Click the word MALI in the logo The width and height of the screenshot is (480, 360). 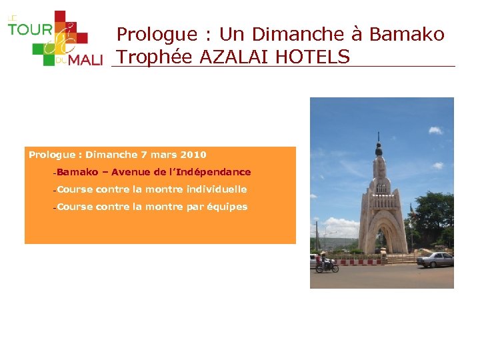(x=86, y=61)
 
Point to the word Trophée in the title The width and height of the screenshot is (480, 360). (x=155, y=57)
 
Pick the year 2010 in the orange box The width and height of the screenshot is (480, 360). (x=193, y=155)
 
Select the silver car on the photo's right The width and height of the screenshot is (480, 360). (x=436, y=259)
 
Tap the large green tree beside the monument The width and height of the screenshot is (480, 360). (x=431, y=217)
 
